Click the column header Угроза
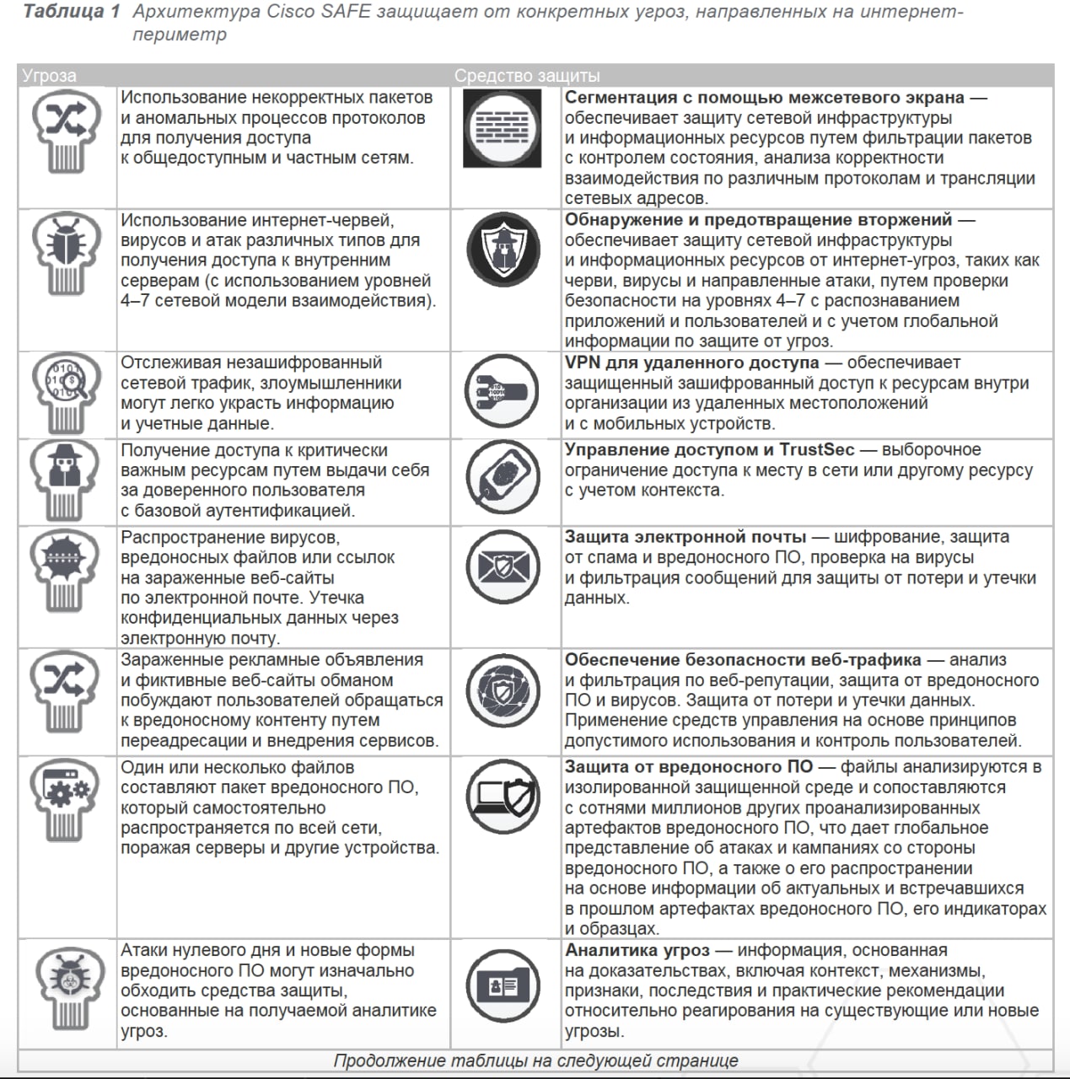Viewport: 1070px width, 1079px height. click(49, 76)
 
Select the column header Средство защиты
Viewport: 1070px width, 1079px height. click(527, 76)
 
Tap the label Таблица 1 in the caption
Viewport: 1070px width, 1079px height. click(72, 12)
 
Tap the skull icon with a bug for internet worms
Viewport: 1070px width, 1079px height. click(66, 250)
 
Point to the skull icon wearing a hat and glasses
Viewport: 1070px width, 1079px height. click(66, 476)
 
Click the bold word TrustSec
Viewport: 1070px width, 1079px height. click(816, 450)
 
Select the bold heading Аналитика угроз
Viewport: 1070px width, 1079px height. click(637, 951)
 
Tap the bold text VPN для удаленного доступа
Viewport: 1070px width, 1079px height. click(691, 362)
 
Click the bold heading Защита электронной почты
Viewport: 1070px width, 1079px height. click(685, 537)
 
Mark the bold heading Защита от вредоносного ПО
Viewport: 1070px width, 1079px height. click(688, 767)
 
